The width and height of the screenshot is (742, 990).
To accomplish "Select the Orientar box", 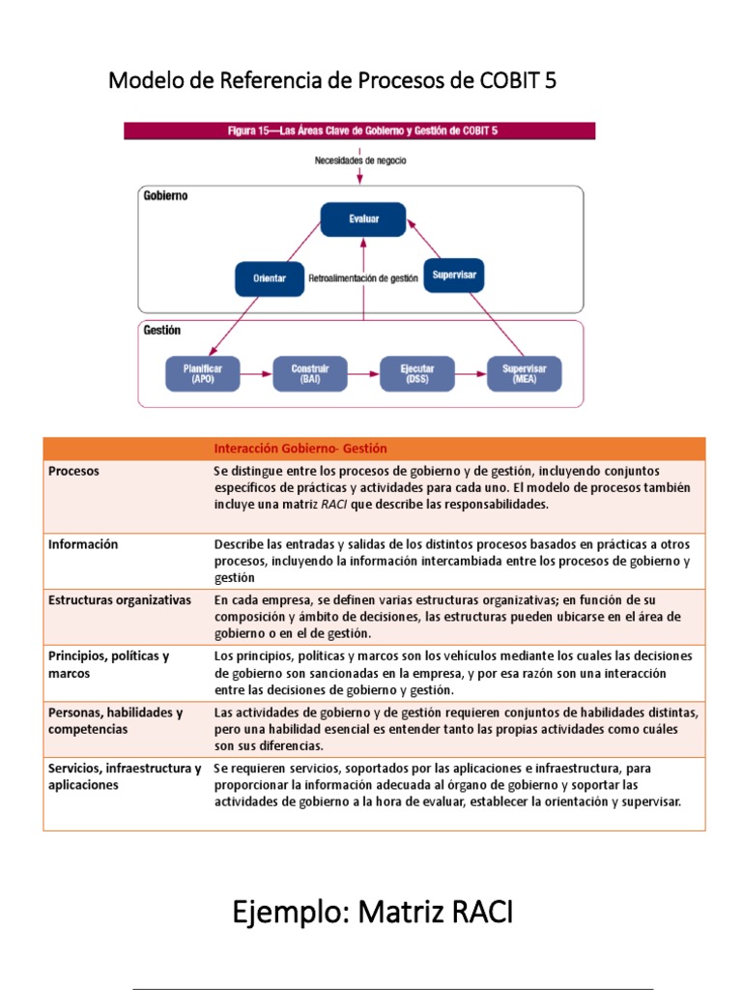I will tap(269, 278).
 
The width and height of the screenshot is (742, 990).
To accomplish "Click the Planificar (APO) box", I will tap(203, 374).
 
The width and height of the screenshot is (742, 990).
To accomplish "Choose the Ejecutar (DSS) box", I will tap(417, 374).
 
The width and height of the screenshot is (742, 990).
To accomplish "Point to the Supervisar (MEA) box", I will tap(525, 374).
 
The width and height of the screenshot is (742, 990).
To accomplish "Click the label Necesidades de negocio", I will tap(360, 160).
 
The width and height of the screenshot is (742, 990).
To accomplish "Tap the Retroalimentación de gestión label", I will tap(363, 278).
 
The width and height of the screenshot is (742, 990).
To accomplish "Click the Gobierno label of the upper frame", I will tap(166, 195).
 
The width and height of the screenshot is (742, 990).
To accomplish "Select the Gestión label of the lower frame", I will tap(161, 330).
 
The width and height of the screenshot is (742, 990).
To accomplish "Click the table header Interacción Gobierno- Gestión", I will tap(300, 449).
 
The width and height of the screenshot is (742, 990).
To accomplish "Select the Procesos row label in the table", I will tap(73, 471).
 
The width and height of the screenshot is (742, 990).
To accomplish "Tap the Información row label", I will tap(83, 544).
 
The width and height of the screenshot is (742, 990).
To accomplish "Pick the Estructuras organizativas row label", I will tap(120, 600).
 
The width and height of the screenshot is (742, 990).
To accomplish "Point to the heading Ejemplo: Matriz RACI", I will tap(372, 911).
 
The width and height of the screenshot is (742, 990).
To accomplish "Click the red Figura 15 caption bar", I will tap(359, 131).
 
